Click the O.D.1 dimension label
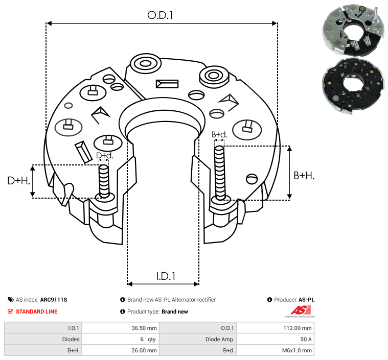[x=161, y=15]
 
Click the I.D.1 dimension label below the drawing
[x=166, y=276]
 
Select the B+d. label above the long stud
[x=219, y=135]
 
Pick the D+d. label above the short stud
[x=104, y=155]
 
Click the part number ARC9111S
[x=54, y=300]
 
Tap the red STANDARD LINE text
[x=36, y=311]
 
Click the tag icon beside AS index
[x=11, y=300]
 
